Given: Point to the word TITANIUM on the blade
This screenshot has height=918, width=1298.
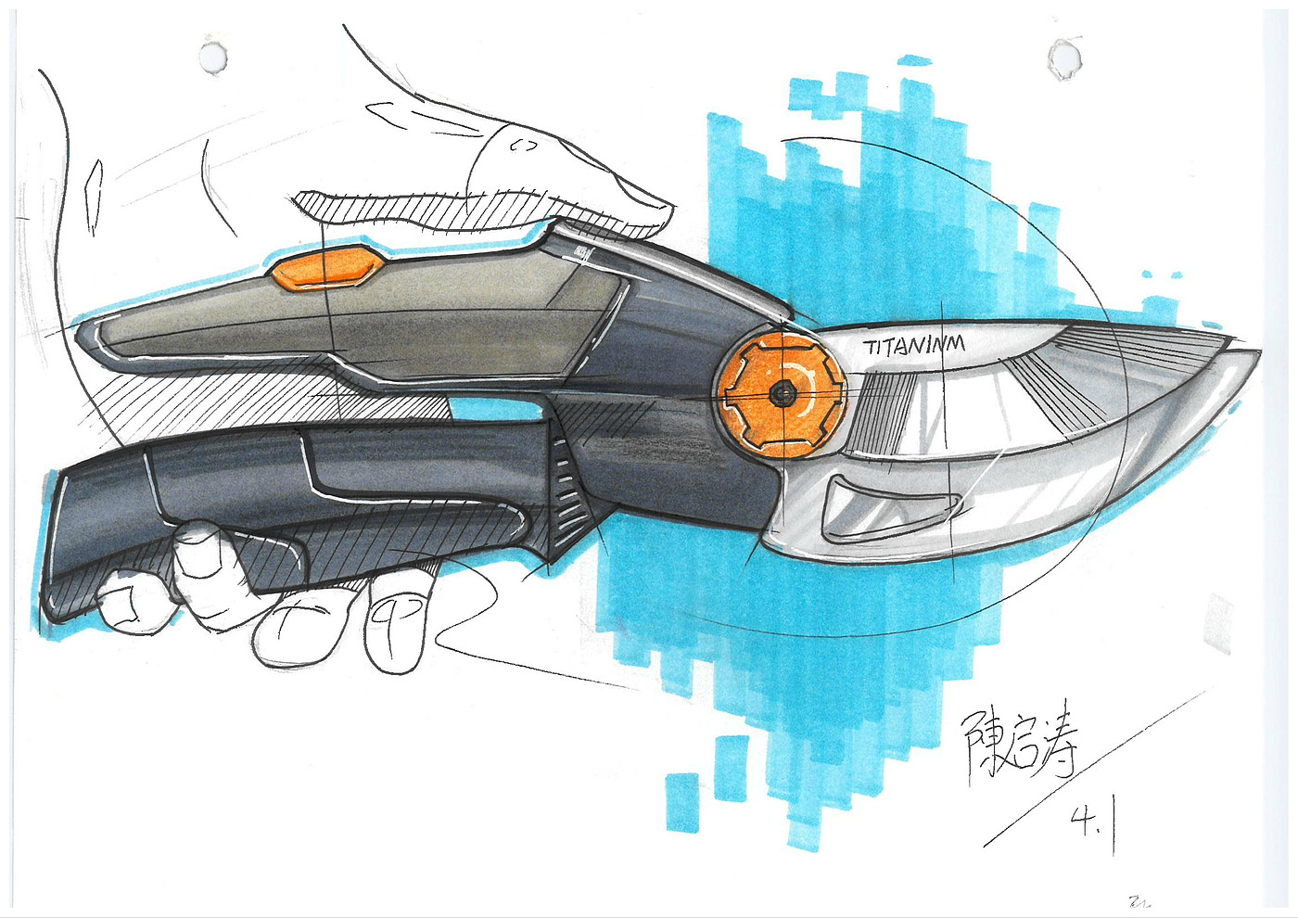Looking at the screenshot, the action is tap(914, 346).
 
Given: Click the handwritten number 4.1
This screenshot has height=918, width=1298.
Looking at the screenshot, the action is tap(1090, 821).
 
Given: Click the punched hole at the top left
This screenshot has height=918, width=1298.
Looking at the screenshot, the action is tap(214, 55).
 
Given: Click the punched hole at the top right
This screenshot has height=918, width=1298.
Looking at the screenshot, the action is tap(1063, 57).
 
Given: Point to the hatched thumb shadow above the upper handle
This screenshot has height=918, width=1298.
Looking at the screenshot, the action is tap(417, 209).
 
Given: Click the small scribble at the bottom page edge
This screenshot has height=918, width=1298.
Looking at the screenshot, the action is tap(1139, 900).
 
